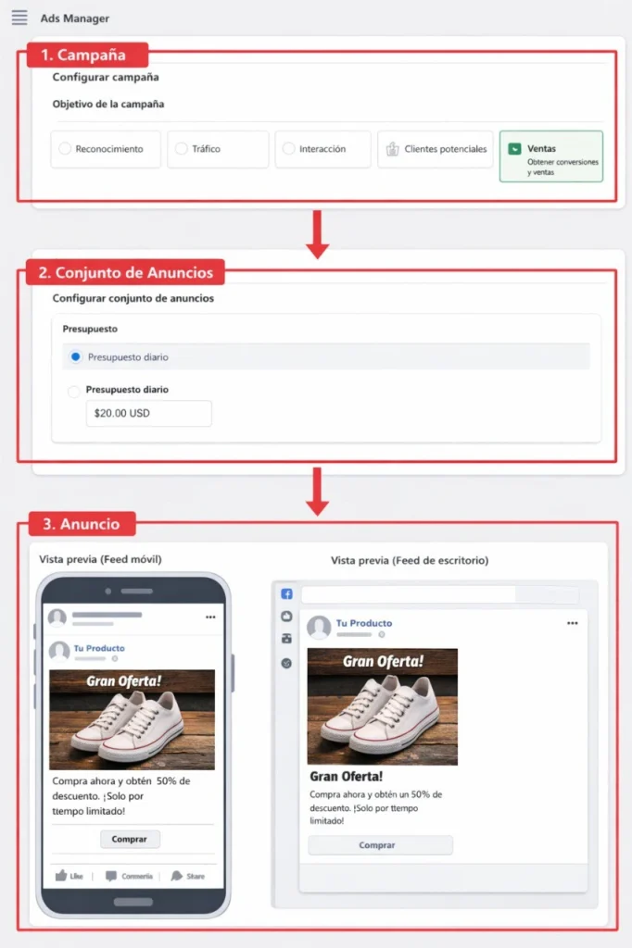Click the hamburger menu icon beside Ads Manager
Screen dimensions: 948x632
point(19,18)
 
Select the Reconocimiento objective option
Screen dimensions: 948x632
point(106,149)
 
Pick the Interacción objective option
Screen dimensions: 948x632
point(322,149)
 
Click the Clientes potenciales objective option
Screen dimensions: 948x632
point(435,149)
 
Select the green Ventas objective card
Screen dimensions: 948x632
point(550,156)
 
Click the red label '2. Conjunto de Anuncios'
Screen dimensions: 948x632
point(125,272)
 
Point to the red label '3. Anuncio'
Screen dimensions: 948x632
point(82,524)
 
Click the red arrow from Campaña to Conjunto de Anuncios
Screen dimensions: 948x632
point(318,234)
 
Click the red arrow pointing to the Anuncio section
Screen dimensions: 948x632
point(318,492)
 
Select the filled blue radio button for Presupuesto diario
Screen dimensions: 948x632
point(76,356)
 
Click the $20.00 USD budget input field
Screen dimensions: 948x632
point(148,414)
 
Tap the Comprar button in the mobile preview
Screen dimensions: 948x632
point(130,839)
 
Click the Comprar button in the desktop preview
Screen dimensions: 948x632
point(380,845)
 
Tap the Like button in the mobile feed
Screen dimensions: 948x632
point(70,876)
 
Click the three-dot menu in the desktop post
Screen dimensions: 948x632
point(572,624)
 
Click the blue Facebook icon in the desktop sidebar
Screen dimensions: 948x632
point(287,594)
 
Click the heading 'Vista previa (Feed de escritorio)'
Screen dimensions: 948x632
point(409,560)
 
